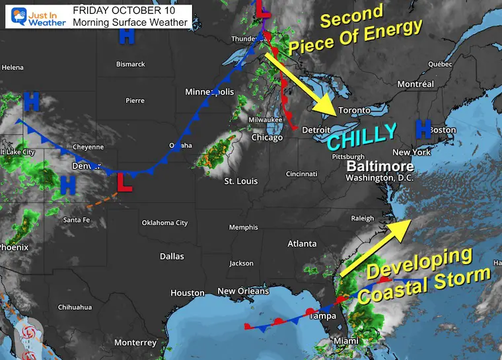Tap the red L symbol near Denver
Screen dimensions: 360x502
(x=124, y=182)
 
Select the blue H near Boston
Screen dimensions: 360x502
(x=423, y=129)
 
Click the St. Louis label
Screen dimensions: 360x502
(x=241, y=181)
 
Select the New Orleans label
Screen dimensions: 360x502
(x=243, y=291)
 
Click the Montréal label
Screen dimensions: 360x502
(x=415, y=85)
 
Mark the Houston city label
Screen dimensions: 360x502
(x=188, y=293)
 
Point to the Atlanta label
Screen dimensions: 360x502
(x=302, y=244)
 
